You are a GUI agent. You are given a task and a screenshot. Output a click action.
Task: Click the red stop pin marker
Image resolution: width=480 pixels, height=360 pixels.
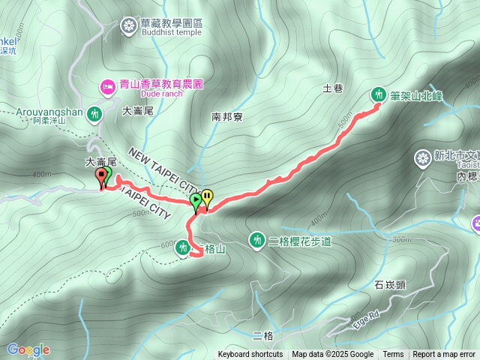100,177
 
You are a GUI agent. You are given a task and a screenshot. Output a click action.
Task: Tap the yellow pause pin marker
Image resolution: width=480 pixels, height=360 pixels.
207,198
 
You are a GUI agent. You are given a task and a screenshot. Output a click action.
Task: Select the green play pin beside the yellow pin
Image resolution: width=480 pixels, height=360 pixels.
196,201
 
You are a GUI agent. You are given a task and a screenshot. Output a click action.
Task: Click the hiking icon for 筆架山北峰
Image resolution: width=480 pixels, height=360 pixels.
378,94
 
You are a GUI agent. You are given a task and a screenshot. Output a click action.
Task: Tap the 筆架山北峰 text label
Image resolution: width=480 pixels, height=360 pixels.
417,95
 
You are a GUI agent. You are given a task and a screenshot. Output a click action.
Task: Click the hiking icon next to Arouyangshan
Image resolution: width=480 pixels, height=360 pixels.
94,114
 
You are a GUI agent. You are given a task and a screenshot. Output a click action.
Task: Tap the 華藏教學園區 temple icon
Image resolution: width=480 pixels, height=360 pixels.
129,26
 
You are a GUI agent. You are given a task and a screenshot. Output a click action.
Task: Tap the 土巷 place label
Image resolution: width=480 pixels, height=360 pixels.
332,88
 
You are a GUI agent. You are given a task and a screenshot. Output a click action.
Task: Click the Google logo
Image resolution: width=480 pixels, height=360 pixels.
28,349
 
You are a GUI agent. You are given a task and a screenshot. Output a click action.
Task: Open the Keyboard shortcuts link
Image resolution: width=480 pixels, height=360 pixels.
250,355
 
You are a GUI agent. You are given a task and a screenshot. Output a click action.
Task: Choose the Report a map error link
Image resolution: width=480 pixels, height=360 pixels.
444,355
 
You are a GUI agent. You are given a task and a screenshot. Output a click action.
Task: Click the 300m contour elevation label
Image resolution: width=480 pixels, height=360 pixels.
401,238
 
